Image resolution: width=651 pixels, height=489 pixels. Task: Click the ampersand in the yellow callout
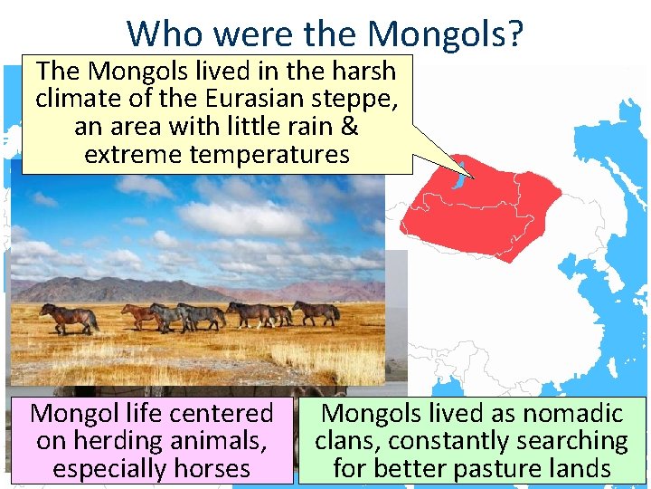pos(349,126)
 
